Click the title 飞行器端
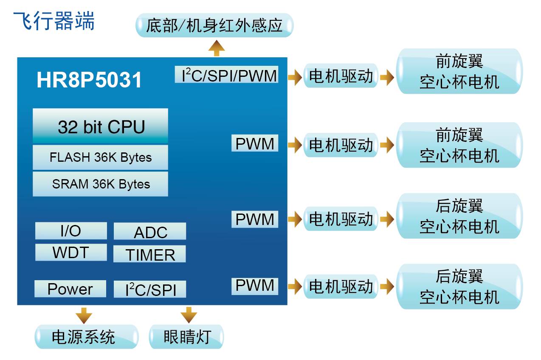54,20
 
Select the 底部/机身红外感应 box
214,25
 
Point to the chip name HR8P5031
89,80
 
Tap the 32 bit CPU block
101,127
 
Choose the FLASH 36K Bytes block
101,157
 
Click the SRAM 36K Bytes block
101,184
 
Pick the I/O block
70,231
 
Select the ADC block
150,232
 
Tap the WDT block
70,253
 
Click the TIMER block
150,254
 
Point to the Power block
70,289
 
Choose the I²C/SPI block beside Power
150,290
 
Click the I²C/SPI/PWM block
227,75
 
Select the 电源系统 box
87,337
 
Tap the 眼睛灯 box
186,337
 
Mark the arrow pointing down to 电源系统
84,316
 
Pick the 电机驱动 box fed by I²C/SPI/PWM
341,77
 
